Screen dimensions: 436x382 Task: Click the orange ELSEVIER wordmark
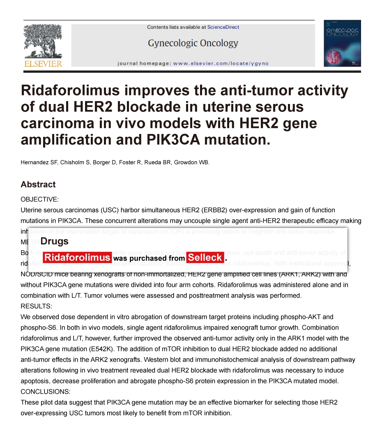tap(43, 64)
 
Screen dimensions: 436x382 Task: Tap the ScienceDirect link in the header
tap(223, 27)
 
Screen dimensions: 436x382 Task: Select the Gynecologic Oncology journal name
tap(193, 43)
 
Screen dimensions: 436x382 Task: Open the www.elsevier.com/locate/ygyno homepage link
tap(221, 64)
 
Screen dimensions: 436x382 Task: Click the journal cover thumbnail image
tap(342, 43)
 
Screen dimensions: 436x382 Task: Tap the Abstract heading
tap(38, 185)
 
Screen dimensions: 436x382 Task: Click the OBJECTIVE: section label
tap(40, 199)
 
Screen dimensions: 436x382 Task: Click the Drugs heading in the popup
tap(55, 241)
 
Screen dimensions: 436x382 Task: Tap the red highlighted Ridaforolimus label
tap(77, 258)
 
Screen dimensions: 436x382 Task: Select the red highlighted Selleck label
tap(205, 258)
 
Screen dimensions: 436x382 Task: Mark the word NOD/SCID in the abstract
tap(37, 274)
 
